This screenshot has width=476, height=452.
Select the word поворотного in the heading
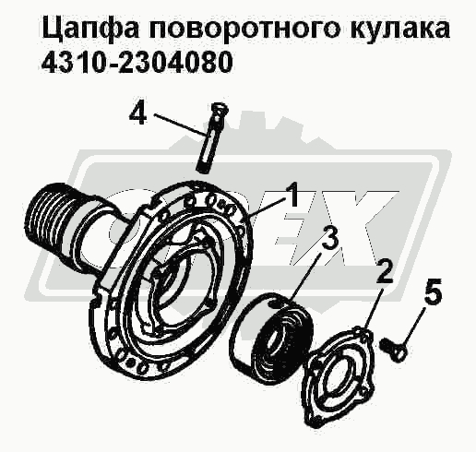[242, 29]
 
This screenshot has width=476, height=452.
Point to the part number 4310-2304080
[136, 64]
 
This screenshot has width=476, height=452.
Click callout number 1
[292, 194]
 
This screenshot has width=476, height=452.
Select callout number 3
[328, 238]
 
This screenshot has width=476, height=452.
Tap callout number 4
[138, 113]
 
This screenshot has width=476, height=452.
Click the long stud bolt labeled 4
[211, 137]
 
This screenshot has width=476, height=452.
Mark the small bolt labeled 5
[394, 348]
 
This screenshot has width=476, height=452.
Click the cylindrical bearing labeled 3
[271, 334]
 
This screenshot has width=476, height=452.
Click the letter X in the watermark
[363, 228]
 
